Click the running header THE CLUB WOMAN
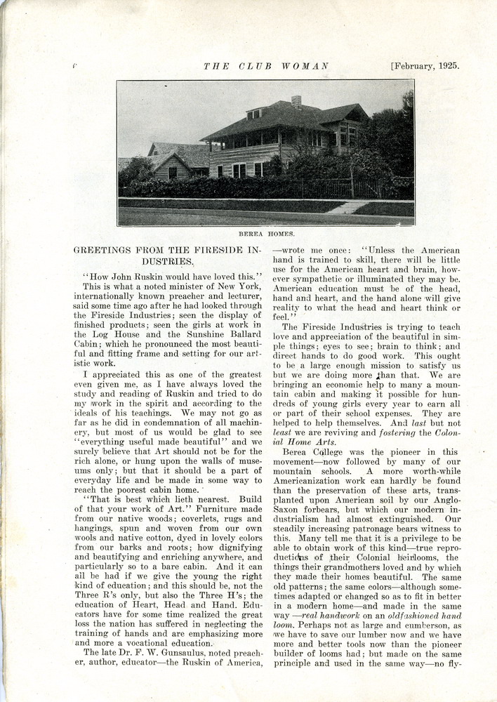[x=266, y=66]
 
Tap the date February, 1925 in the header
[x=425, y=66]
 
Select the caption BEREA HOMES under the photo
[x=266, y=232]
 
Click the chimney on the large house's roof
[x=296, y=102]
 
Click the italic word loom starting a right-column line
[x=282, y=624]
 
